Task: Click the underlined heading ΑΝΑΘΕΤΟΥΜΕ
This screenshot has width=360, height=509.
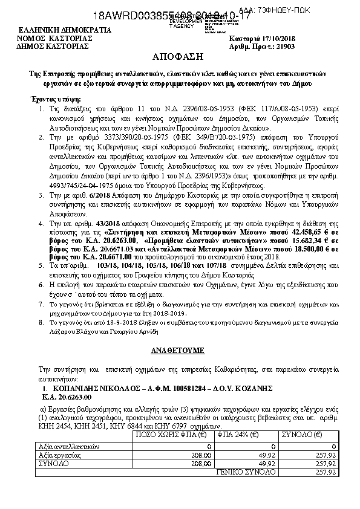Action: pos(180,349)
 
